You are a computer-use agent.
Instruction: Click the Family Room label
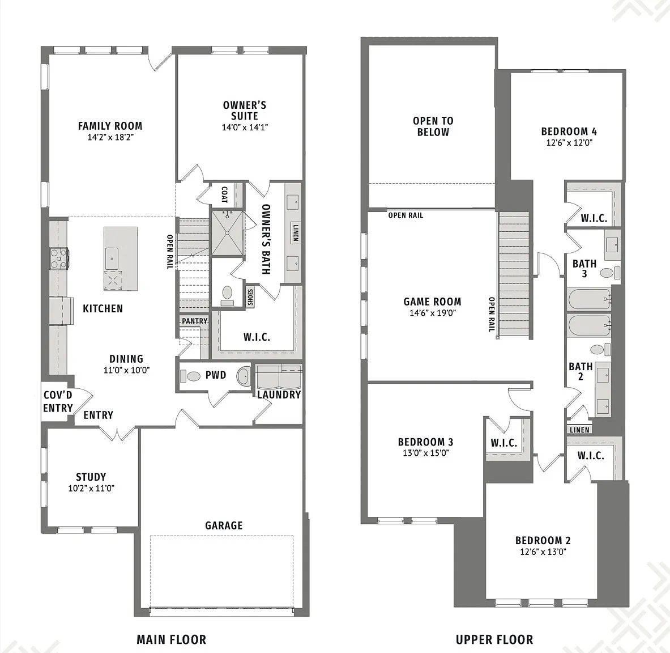click(x=110, y=126)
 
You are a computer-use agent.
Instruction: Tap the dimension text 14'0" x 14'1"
click(x=245, y=128)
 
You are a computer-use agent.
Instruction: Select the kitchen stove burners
click(x=58, y=258)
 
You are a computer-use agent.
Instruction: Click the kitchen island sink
click(x=112, y=258)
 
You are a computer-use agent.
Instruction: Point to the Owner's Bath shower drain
click(x=228, y=233)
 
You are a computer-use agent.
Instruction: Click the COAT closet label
click(x=224, y=194)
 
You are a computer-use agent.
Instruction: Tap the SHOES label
click(x=250, y=297)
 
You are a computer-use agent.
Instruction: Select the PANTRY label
click(x=194, y=321)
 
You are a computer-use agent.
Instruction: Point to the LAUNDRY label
click(x=279, y=395)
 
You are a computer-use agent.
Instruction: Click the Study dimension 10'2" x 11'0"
click(x=91, y=489)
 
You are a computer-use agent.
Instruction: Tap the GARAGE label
click(x=224, y=525)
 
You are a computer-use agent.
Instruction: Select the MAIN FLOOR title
click(x=172, y=640)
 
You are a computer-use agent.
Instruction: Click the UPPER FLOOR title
click(x=494, y=640)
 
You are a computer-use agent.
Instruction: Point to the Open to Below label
click(x=433, y=126)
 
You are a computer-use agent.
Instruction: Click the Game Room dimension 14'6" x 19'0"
click(x=433, y=313)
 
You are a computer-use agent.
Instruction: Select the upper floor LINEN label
click(x=579, y=430)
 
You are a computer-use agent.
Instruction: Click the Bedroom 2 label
click(x=543, y=541)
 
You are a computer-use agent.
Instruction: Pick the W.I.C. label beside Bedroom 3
click(x=504, y=443)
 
